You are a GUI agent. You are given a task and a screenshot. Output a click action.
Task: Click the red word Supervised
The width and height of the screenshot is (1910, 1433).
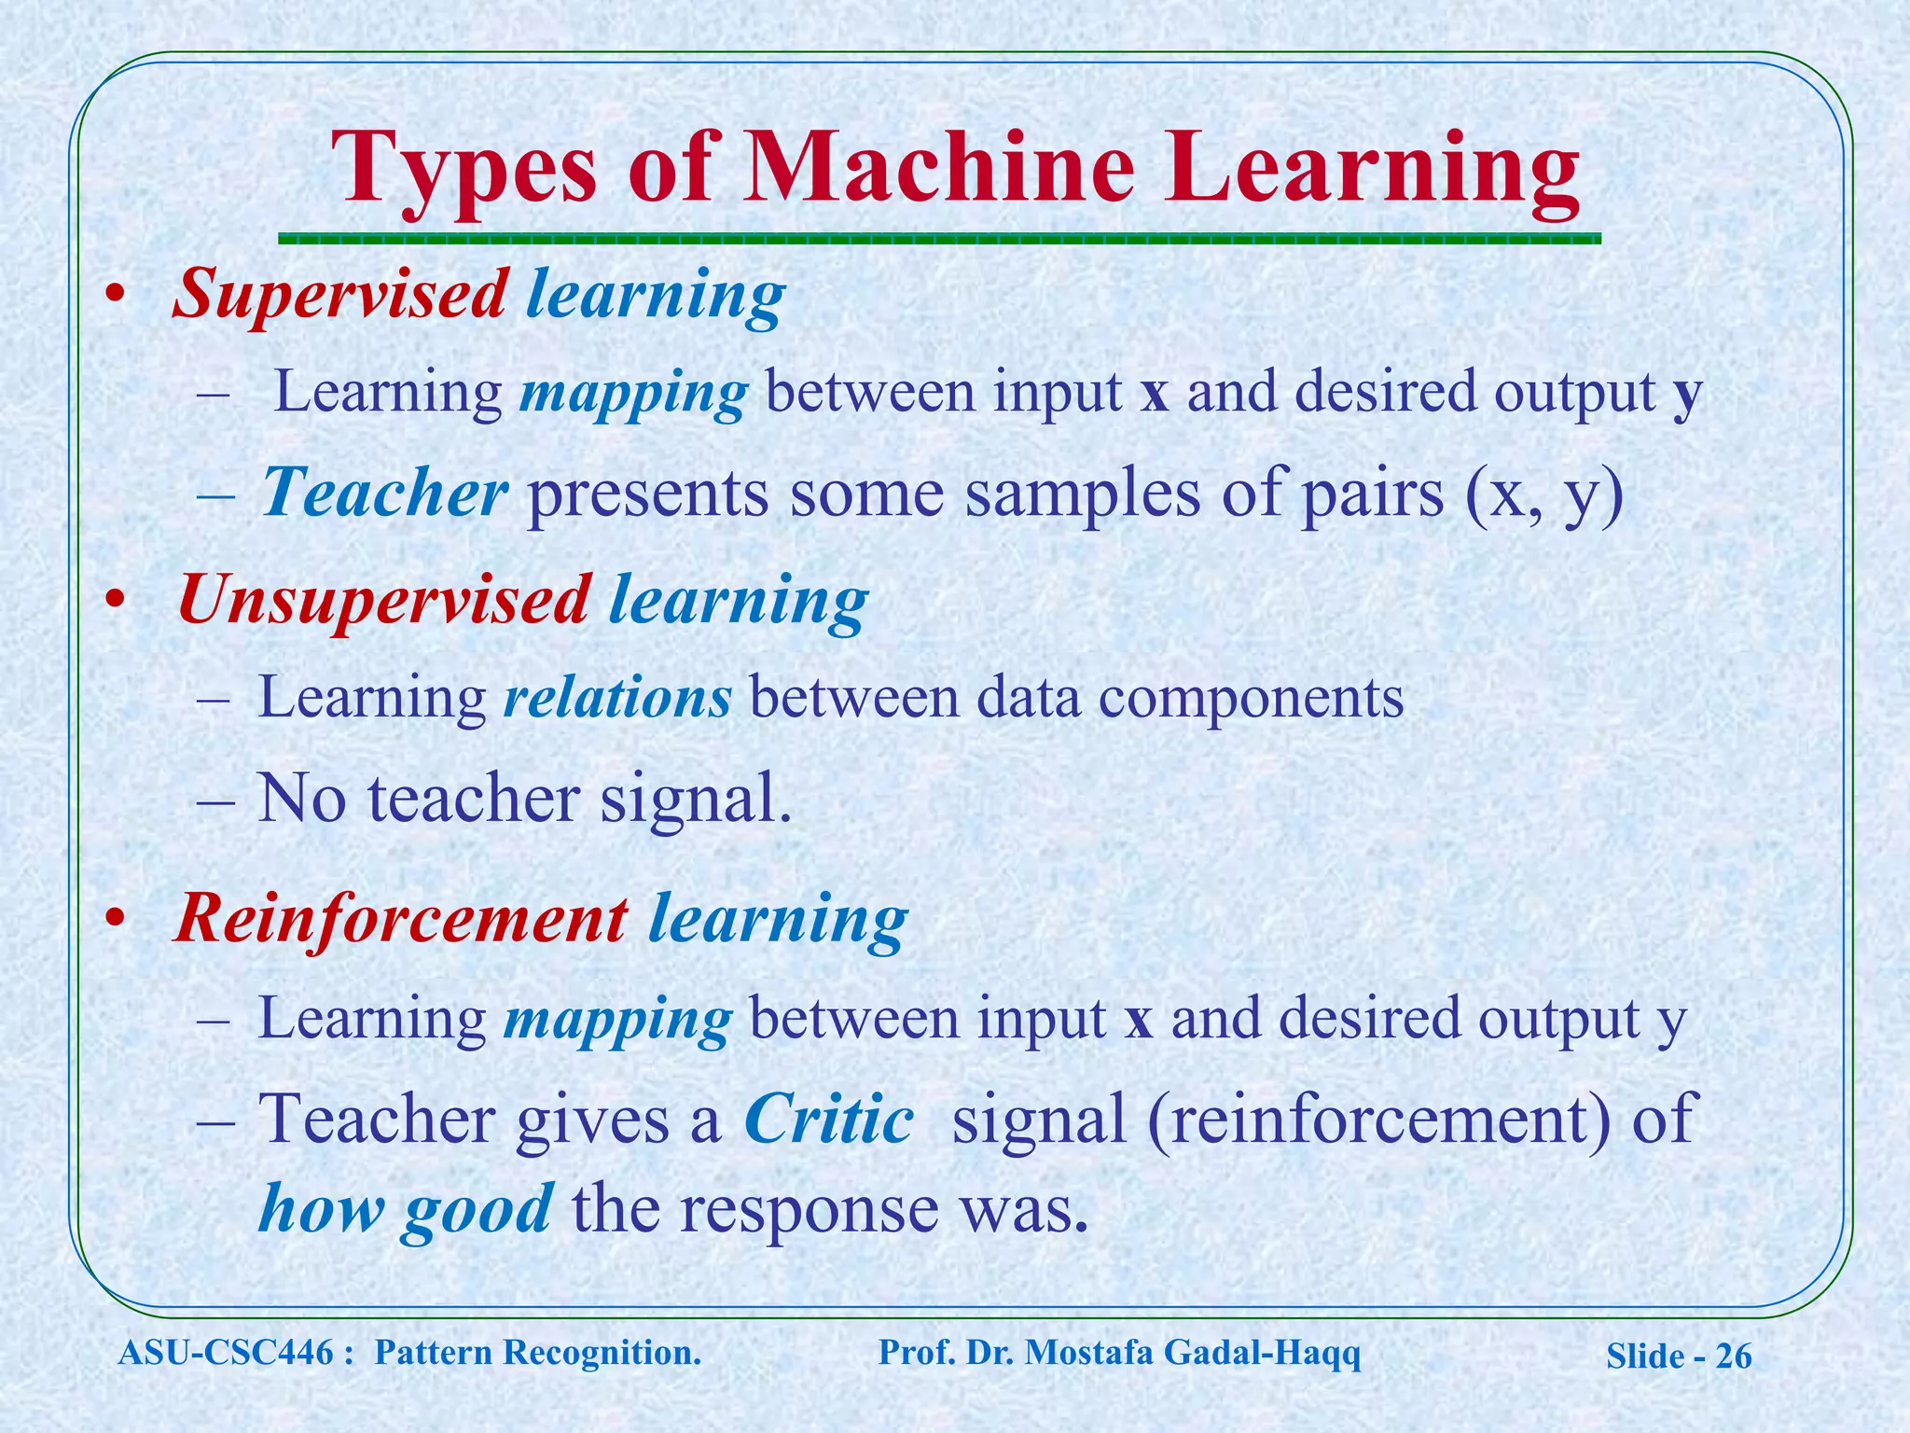click(340, 295)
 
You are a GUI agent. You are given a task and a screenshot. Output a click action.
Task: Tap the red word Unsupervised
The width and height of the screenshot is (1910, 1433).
click(383, 600)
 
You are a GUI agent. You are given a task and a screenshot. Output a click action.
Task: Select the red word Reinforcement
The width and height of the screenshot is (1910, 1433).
click(401, 919)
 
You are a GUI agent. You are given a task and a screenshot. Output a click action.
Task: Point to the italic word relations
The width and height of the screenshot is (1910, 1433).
click(616, 697)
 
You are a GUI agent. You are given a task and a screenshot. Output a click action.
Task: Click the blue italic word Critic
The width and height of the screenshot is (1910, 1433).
click(828, 1119)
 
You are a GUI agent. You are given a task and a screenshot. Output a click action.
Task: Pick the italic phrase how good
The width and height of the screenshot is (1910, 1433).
click(405, 1209)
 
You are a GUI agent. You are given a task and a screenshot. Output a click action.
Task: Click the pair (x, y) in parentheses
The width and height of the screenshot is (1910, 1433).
click(1544, 494)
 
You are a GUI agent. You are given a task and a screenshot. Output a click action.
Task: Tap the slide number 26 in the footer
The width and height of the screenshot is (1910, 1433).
click(1733, 1356)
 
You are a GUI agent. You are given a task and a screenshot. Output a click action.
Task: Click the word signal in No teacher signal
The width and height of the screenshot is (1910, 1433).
click(695, 800)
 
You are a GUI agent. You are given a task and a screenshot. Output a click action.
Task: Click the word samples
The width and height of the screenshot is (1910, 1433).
click(1082, 494)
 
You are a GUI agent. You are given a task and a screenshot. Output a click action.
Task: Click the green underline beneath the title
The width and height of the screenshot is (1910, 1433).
click(939, 239)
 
